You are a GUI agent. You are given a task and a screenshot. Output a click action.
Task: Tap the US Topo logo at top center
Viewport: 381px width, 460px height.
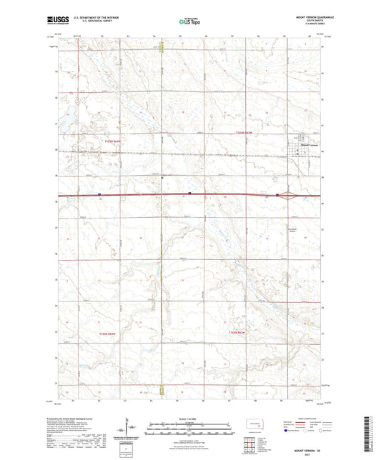tap(189, 22)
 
